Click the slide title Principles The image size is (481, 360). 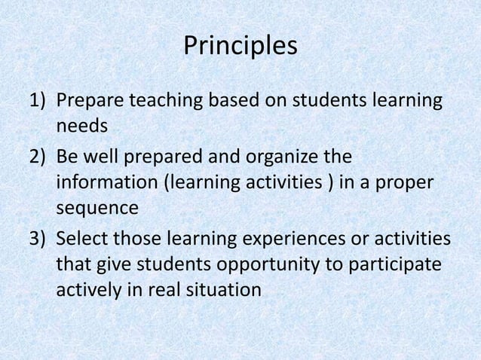tap(240, 46)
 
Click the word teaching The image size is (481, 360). tap(163, 100)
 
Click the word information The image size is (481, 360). tap(101, 183)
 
